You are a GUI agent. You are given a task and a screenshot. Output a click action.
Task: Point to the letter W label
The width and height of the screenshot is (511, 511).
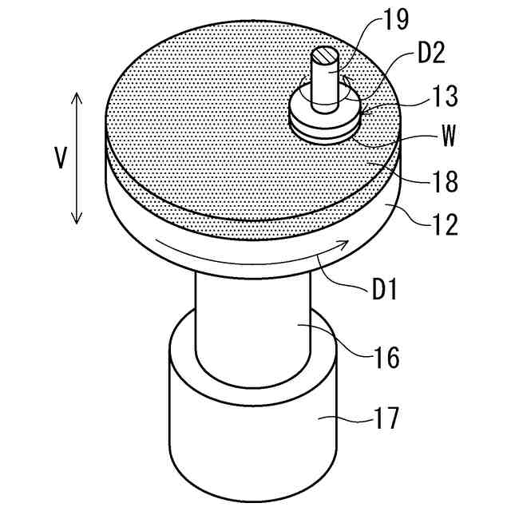[x=447, y=137]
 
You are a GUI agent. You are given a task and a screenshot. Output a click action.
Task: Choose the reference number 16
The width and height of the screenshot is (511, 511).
[x=386, y=356]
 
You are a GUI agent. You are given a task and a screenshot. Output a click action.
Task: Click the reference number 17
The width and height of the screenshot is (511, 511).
[x=386, y=418]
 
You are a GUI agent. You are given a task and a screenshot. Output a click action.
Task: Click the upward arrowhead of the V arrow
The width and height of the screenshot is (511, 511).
[x=77, y=96]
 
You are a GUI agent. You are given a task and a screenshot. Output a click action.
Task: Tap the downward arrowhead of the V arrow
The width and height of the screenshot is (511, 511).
[x=77, y=220]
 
